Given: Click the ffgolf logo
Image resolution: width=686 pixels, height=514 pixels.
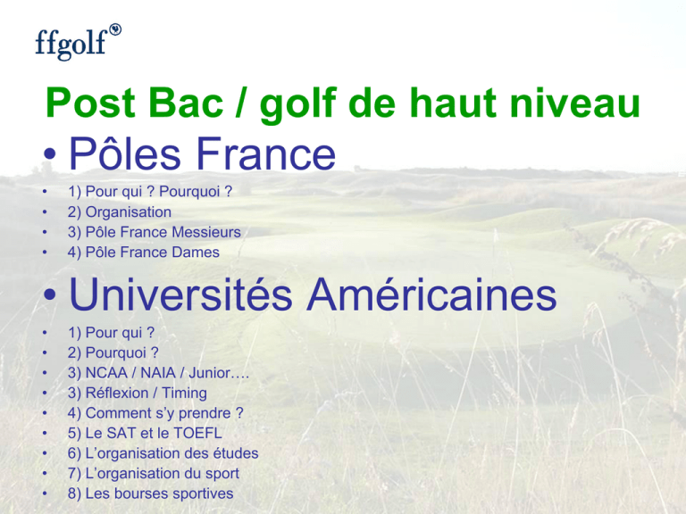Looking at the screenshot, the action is (x=78, y=42).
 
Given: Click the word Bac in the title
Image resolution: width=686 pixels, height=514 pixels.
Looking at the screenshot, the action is (x=186, y=104).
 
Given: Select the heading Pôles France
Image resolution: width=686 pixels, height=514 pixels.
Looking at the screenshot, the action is (x=202, y=153).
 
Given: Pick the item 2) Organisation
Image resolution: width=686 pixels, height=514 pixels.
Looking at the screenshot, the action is (x=120, y=212).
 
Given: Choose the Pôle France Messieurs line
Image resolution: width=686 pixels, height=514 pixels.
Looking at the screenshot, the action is (x=155, y=232).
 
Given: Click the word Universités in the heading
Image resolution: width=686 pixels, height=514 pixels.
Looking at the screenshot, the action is (x=180, y=294).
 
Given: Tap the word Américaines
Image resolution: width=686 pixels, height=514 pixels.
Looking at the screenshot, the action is (x=431, y=294).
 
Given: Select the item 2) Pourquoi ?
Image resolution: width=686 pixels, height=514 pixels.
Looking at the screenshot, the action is (x=113, y=352).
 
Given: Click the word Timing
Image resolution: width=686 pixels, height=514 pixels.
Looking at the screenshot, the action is (x=184, y=394).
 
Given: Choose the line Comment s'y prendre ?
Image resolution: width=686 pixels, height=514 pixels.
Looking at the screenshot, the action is (x=155, y=413).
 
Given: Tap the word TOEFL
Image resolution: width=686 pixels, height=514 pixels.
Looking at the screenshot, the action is (x=197, y=433).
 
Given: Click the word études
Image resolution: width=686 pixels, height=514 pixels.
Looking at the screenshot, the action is (x=236, y=453).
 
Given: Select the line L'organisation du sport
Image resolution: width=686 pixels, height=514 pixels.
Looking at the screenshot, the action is (x=154, y=473).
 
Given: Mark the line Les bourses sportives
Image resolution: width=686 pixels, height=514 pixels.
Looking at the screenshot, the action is (x=150, y=493).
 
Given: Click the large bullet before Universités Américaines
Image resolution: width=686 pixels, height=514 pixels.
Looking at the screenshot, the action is (x=50, y=295).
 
